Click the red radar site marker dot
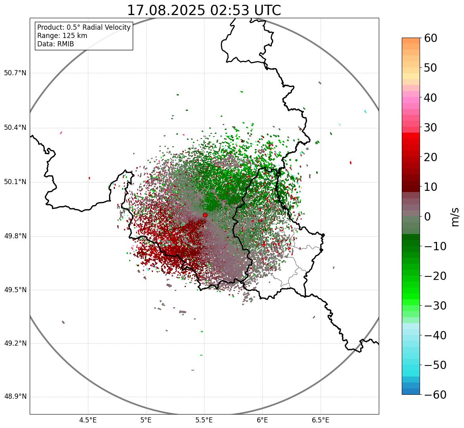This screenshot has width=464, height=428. click(x=205, y=215)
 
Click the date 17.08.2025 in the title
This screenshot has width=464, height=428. click(x=166, y=10)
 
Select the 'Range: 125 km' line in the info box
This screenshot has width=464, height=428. click(x=62, y=36)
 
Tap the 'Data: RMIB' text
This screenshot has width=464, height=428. click(x=55, y=44)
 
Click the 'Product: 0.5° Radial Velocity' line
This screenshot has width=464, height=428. click(x=84, y=27)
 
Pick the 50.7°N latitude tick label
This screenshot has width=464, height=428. click(x=15, y=73)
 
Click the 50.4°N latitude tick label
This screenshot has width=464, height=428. click(x=15, y=128)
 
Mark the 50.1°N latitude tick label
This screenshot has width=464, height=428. click(x=15, y=182)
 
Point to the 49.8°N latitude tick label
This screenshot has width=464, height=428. click(x=15, y=236)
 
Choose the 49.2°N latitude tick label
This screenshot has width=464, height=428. click(x=15, y=343)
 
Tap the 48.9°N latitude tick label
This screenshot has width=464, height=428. click(x=15, y=397)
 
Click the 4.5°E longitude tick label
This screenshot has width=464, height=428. click(x=88, y=420)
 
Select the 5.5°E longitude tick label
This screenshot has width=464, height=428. click(x=204, y=420)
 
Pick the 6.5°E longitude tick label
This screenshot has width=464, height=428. click(x=320, y=420)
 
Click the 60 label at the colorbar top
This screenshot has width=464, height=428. click(x=431, y=38)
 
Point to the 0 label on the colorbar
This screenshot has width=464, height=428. click(x=427, y=217)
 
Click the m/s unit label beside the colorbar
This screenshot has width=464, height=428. click(x=455, y=217)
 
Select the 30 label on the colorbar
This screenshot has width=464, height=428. click(x=431, y=127)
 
